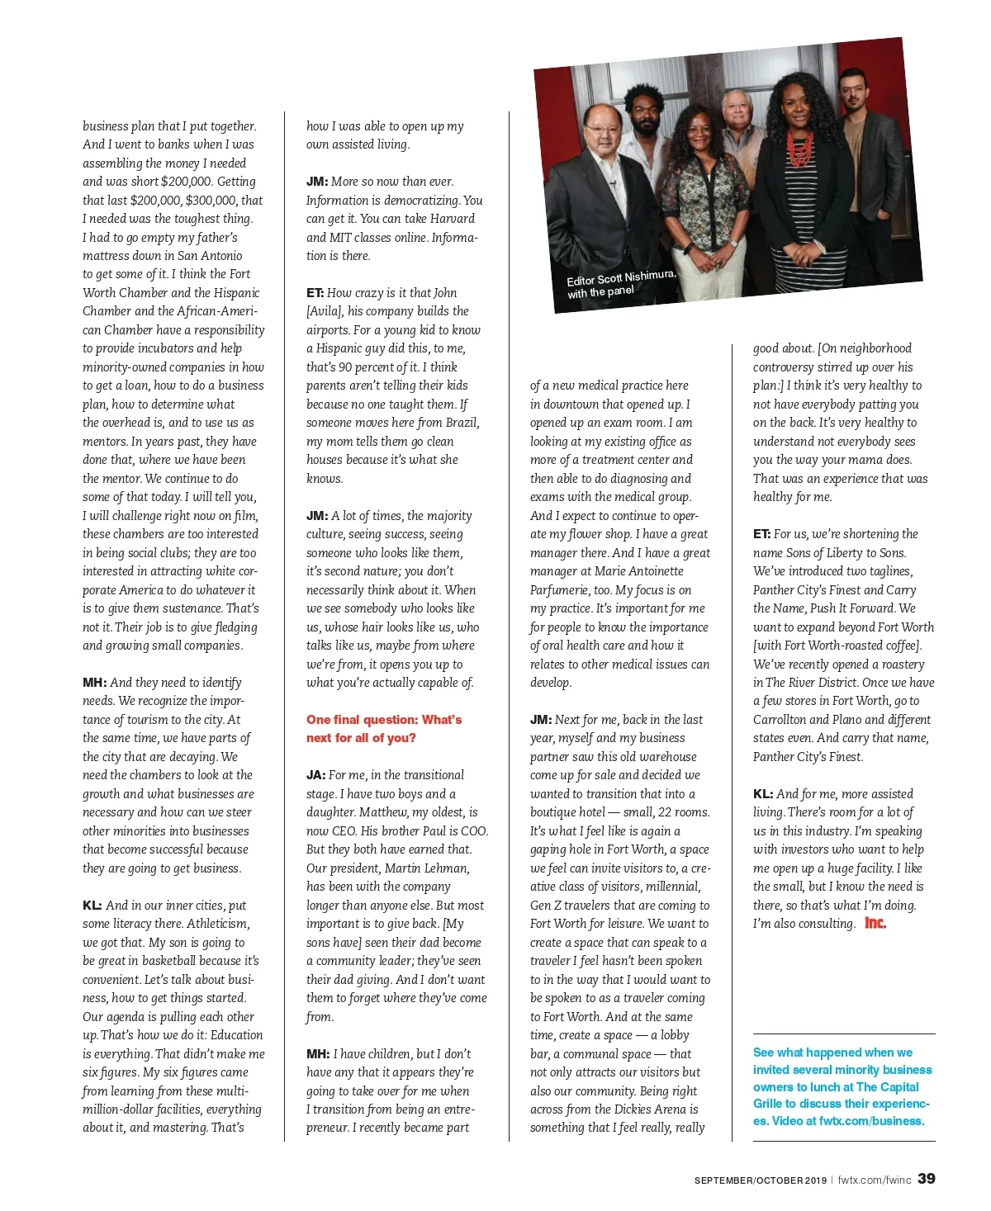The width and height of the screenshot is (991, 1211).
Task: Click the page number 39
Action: (927, 1178)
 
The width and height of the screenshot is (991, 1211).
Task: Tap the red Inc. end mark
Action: (875, 923)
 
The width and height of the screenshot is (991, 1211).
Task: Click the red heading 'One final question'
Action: (384, 720)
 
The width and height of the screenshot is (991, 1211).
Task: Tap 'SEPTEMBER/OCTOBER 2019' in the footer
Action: (760, 1180)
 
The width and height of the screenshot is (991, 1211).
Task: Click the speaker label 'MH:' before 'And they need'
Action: (94, 683)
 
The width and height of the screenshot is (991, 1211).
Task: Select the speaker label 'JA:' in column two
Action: (315, 775)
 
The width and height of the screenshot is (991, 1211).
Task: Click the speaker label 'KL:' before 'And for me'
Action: (763, 794)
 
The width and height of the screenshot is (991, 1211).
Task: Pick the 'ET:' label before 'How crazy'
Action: (315, 293)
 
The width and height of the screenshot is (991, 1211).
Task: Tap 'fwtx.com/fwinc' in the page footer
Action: (875, 1180)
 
